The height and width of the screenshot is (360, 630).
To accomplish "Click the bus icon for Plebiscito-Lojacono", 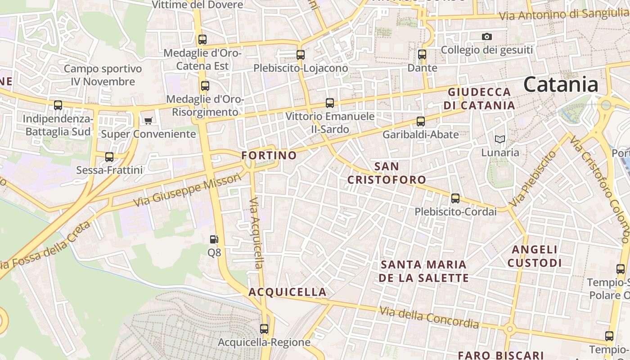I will point(301,55).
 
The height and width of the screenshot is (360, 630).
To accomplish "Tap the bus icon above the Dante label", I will point(422,54).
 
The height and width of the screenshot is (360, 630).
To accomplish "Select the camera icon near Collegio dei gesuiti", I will point(487,36).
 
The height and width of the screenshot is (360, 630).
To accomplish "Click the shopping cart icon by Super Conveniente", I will point(148,121).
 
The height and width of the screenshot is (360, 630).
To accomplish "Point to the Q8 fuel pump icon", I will point(215,239).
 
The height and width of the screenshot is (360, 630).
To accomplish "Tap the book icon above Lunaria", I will point(500,139).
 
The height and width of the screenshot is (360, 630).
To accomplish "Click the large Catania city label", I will point(561,85).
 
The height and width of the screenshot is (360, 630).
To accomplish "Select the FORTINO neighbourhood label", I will point(269,156).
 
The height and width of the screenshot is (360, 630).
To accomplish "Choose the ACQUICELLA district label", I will point(288,292).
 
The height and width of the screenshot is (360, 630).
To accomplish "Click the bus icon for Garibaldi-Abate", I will point(421,121).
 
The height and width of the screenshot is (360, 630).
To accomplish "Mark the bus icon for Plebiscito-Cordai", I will point(455,198).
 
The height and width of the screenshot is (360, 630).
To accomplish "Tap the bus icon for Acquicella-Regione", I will point(264,329).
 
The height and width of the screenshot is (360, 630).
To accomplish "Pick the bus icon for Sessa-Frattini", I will point(109,157).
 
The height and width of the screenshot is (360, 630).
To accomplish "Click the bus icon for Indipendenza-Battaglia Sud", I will point(58,105).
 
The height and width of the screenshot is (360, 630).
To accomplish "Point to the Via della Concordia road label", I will point(429,317).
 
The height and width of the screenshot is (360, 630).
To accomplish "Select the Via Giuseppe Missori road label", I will point(187,191).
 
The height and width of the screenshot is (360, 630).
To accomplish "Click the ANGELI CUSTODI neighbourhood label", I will point(535,256).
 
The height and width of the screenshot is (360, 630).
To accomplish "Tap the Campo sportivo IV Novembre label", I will point(103,75).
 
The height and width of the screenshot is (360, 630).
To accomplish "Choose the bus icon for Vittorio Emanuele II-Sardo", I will point(330,103).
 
